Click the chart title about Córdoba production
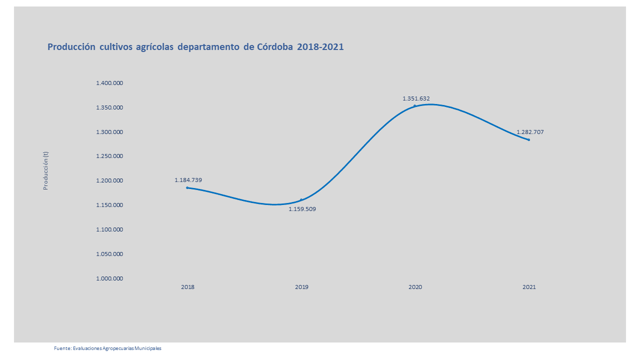click(x=195, y=47)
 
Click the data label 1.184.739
click(x=188, y=180)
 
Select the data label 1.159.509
click(x=302, y=209)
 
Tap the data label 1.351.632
click(x=416, y=98)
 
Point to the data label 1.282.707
click(x=530, y=132)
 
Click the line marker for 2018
click(x=187, y=187)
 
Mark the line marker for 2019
click(x=301, y=200)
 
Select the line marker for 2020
click(x=414, y=106)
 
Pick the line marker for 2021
click(x=528, y=139)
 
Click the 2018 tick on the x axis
click(x=188, y=287)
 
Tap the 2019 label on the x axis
click(x=301, y=287)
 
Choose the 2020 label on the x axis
click(x=415, y=287)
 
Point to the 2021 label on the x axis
click(x=529, y=287)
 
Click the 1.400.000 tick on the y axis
click(x=109, y=83)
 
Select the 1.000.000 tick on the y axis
click(x=109, y=278)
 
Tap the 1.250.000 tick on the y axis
click(x=109, y=156)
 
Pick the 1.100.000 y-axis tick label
click(x=109, y=229)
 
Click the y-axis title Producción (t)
click(x=45, y=170)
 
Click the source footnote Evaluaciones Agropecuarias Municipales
click(x=107, y=348)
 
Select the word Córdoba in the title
click(x=275, y=47)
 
